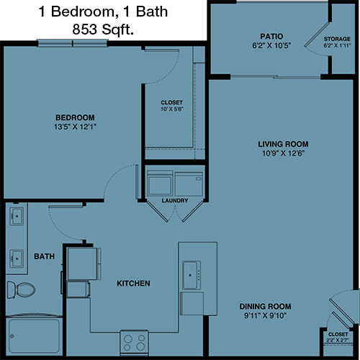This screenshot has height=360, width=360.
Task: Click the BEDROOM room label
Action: pos(75,117)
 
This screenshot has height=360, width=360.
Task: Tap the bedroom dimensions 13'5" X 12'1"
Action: pos(75,127)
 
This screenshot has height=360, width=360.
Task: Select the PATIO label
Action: pos(271,36)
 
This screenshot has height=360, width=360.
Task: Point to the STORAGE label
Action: pos(337,39)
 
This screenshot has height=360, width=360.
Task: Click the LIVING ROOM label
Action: pos(283,144)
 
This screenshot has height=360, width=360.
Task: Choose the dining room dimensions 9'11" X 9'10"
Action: pos(266,315)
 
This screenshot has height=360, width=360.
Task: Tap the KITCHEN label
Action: pos(133,283)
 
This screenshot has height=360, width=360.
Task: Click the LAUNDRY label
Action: pos(175,200)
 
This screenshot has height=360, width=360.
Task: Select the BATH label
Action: pos(45,256)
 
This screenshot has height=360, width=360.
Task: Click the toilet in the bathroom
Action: pos(21,289)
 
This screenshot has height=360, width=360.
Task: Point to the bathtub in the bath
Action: pos(34,336)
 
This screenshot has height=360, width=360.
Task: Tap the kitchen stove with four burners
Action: pos(134,343)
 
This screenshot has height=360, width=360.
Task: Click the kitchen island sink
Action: pos(192,275)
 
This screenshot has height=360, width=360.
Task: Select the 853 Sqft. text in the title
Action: pos(103,30)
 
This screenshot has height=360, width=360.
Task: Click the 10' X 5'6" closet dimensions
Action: pos(172,109)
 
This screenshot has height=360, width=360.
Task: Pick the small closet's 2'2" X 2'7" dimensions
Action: pos(338,340)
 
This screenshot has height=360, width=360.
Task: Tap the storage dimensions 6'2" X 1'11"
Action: pos(337,45)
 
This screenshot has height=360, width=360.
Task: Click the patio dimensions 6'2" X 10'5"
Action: pos(271,45)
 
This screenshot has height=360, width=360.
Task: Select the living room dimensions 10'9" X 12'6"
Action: pos(283,153)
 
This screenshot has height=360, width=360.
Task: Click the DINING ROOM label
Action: pos(266,306)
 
